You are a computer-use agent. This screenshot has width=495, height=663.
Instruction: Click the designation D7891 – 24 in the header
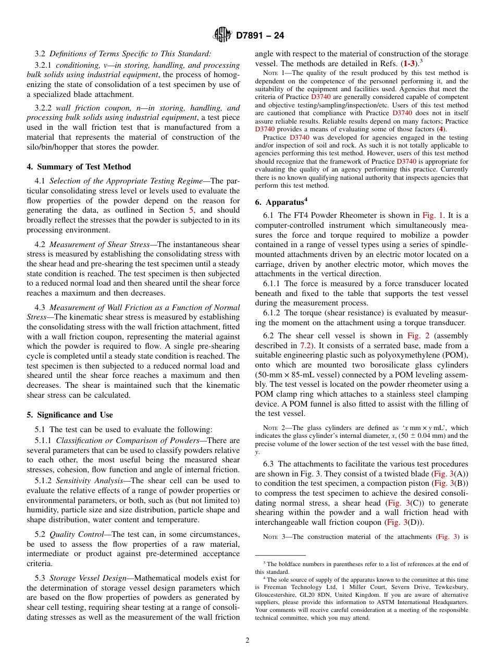tap(260, 36)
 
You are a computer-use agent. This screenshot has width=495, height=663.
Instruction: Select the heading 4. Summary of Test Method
tap(79, 167)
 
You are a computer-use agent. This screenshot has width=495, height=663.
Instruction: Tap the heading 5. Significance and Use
tap(70, 415)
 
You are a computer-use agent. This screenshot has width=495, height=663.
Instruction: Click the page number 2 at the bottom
tap(247, 641)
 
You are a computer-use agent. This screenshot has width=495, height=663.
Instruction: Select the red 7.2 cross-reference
tap(306, 346)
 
